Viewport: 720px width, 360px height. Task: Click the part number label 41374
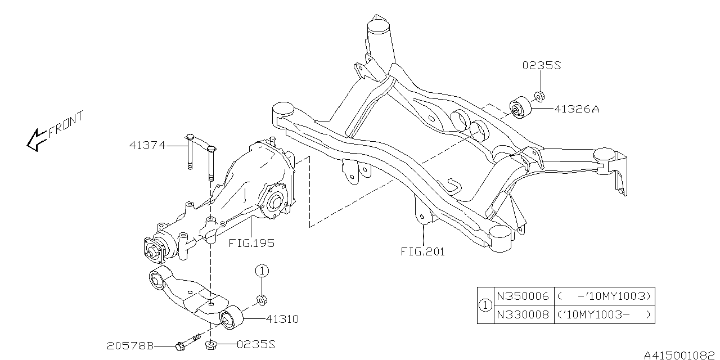(x=147, y=146)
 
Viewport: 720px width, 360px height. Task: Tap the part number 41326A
(x=577, y=109)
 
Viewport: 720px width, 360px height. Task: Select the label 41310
(x=282, y=319)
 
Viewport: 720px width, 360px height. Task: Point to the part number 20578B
(x=130, y=346)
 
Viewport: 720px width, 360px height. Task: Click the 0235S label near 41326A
(x=542, y=66)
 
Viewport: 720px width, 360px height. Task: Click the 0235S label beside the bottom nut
(x=256, y=345)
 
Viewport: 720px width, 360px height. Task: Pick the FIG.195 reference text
(x=251, y=243)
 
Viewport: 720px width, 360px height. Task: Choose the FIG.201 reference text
(x=423, y=251)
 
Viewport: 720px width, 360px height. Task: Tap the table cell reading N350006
(x=523, y=296)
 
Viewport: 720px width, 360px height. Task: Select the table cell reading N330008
(x=523, y=314)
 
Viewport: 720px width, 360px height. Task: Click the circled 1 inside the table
(x=485, y=305)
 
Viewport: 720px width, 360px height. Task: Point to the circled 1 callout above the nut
(x=262, y=271)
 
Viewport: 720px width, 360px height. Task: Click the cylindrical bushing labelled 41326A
(x=520, y=107)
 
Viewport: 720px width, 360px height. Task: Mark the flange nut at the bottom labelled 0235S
(x=210, y=345)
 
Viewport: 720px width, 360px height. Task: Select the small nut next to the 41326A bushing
(x=539, y=96)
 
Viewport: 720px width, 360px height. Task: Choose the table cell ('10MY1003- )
(x=605, y=314)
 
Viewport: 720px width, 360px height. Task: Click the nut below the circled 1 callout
(x=262, y=300)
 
